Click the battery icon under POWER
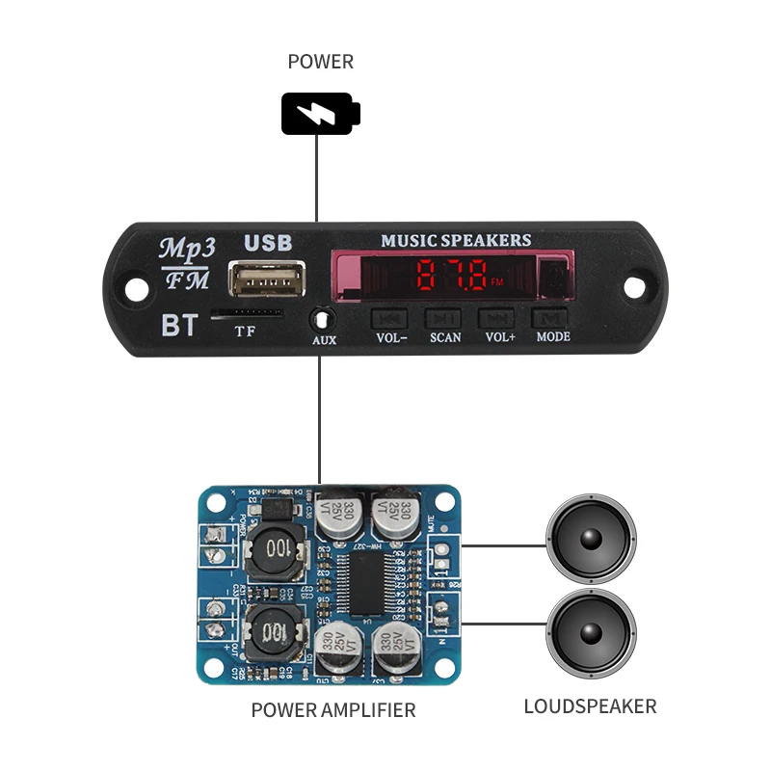point(321,114)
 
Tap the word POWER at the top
point(321,63)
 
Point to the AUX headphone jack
point(323,318)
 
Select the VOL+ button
point(498,318)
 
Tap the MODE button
point(552,318)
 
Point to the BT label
point(178,326)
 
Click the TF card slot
point(247,313)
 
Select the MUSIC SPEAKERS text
point(456,240)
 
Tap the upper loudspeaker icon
point(592,539)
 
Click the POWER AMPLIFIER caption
point(333,710)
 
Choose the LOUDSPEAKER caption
point(590,706)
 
